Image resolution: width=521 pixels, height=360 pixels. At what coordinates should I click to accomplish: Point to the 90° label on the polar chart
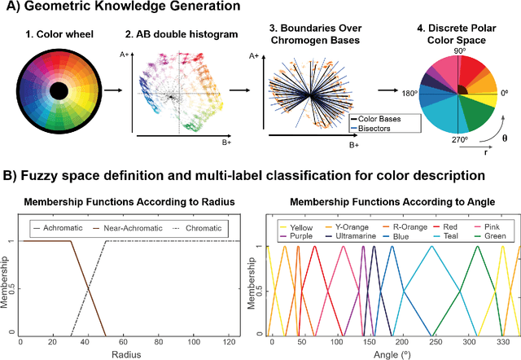460,51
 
